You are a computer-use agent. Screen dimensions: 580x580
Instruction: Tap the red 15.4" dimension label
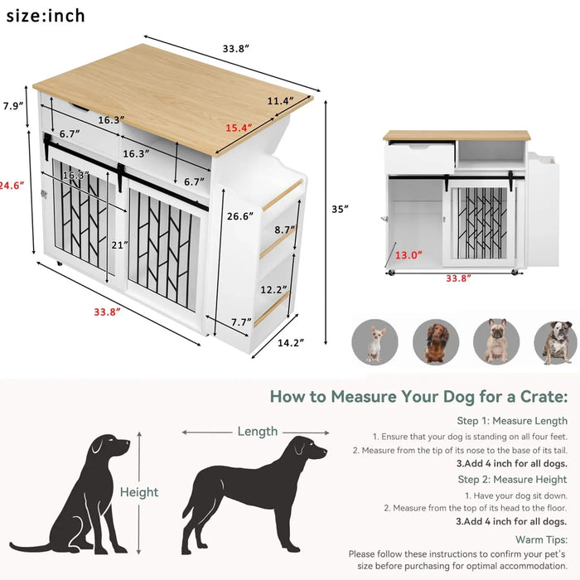click(x=239, y=128)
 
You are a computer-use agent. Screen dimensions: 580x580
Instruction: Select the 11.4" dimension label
click(x=279, y=101)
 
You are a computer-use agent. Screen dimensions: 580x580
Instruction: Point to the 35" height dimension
click(x=340, y=209)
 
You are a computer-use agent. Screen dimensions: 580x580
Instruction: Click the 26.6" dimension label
click(x=239, y=217)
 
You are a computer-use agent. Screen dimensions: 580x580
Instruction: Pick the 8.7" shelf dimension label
click(x=285, y=230)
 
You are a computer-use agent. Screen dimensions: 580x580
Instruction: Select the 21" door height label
click(x=119, y=244)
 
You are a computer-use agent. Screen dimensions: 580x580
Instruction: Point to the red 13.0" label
click(x=408, y=255)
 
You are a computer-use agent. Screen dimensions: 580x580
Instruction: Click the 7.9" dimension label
click(x=12, y=106)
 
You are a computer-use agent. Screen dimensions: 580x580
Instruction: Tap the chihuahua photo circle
click(x=375, y=341)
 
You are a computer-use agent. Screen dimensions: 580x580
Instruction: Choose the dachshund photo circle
click(x=436, y=341)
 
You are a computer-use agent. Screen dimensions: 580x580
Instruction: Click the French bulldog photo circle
click(x=496, y=341)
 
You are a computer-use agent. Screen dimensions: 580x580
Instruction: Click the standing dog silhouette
click(x=249, y=493)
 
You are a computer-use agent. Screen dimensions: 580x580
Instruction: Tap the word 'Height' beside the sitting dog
click(x=139, y=492)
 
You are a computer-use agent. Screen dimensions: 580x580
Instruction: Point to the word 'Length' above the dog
click(x=257, y=431)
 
